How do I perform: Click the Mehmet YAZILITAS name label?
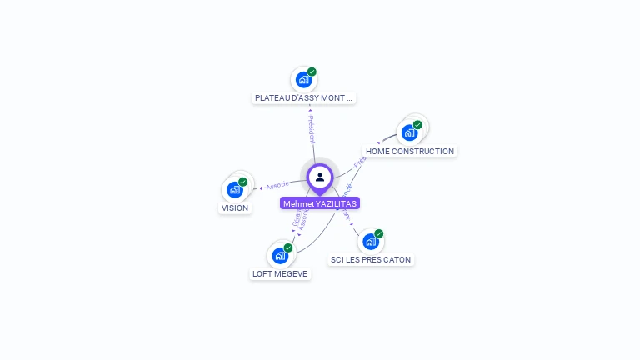(x=320, y=203)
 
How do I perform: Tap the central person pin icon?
(x=320, y=177)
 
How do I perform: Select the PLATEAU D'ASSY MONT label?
(x=304, y=98)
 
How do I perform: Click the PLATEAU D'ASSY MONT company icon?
(x=303, y=80)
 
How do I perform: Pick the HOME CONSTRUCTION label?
(x=410, y=152)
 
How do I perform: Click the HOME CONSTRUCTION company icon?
(x=409, y=132)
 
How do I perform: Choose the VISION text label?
(x=235, y=208)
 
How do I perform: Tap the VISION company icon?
(x=235, y=189)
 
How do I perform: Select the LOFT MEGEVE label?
(x=280, y=274)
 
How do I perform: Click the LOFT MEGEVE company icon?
(x=280, y=255)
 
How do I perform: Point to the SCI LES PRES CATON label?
(x=371, y=260)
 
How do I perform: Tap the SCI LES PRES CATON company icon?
(x=371, y=241)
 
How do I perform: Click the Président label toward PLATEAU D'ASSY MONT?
(x=312, y=127)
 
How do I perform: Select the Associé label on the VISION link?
(x=277, y=184)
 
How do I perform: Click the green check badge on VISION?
(x=243, y=182)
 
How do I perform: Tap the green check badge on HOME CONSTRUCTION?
(x=417, y=125)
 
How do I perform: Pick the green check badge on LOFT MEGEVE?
(x=288, y=247)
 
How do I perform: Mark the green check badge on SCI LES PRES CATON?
(x=379, y=233)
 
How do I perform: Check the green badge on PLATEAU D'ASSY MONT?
(x=312, y=72)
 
